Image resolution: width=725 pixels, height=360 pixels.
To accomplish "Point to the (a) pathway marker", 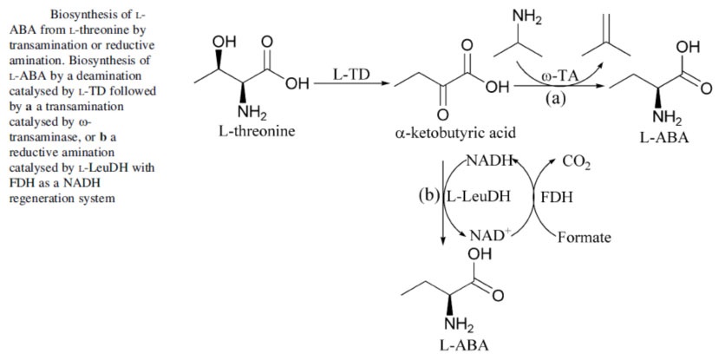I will point(555,98).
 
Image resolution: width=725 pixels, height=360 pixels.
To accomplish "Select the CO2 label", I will point(577,162).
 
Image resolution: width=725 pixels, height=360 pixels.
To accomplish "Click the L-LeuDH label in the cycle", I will point(478,196).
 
